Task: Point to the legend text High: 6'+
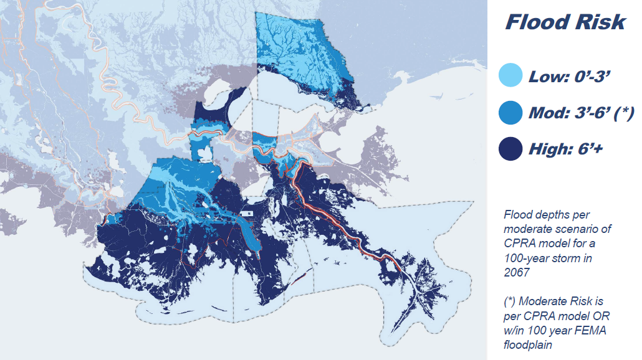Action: click(x=566, y=150)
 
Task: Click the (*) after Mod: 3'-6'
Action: click(x=623, y=113)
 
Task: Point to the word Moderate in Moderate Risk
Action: click(x=540, y=302)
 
